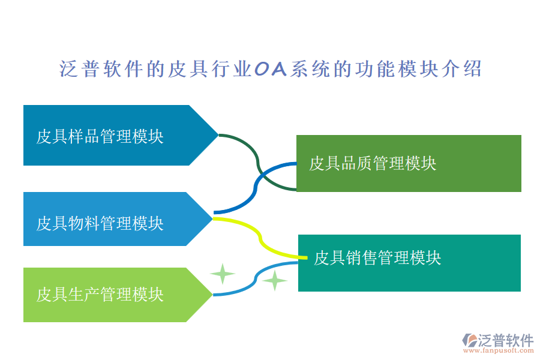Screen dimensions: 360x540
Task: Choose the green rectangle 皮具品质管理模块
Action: (408, 163)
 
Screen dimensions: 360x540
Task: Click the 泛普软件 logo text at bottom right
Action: (505, 341)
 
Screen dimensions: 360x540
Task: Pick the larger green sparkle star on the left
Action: (223, 274)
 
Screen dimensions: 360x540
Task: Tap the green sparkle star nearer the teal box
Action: (275, 280)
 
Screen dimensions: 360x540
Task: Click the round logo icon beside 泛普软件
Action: (469, 341)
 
